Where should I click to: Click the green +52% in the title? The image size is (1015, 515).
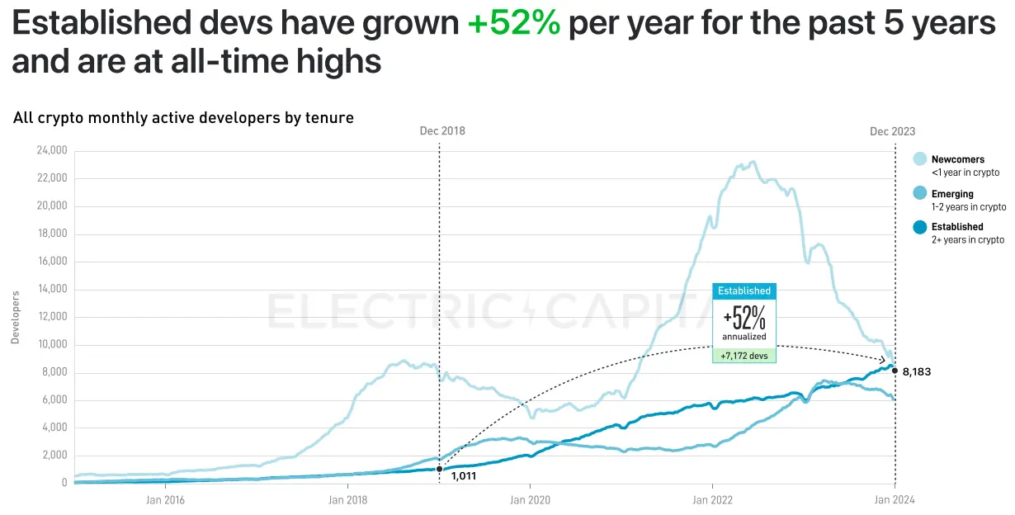pos(513,25)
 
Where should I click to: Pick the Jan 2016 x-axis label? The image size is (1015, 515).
pos(164,499)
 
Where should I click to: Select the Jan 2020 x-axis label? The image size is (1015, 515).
pos(530,499)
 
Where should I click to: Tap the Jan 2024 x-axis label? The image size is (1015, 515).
pos(895,499)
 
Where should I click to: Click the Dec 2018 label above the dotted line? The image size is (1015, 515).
pos(441,131)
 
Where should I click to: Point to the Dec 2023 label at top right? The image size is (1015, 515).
pos(892,131)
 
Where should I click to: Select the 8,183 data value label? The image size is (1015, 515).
pos(916,372)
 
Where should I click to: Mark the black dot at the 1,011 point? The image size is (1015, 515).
pos(439,469)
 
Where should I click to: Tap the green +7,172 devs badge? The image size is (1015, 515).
pos(744,355)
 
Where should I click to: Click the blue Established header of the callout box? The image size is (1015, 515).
pos(744,291)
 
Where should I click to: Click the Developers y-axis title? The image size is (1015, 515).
pos(15,317)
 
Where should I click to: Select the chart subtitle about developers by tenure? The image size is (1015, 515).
pos(183,118)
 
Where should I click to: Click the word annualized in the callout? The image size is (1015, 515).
pos(744,337)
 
